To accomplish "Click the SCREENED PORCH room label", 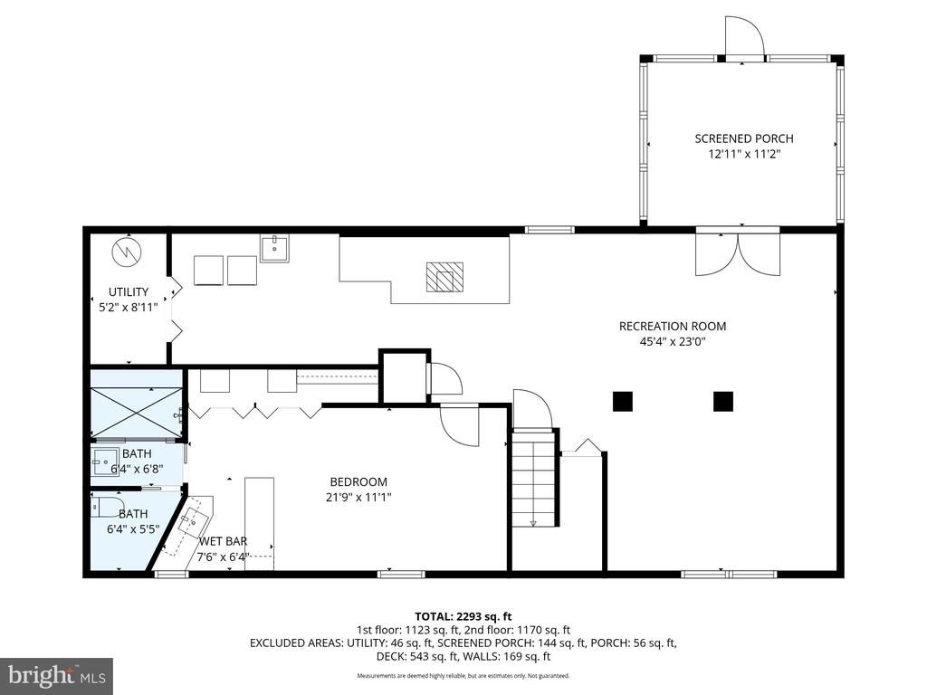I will pos(743,138).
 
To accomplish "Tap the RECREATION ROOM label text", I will pos(672,327).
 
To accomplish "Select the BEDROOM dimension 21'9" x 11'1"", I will pos(358,497).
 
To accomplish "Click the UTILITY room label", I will pos(129,292).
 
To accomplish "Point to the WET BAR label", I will pos(223,541).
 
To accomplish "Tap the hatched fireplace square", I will pos(444,277).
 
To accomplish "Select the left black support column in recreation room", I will pos(622,401).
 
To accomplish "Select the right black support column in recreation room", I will pos(722,401).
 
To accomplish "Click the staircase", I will pos(533,478).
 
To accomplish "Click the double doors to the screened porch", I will pos(737,253).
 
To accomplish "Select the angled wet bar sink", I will pos(193,520).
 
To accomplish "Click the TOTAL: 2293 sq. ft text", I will pos(463,616).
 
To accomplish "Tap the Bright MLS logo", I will pos(56,675).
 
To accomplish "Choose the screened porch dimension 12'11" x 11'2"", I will pos(743,155).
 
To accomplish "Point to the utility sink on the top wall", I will pos(273,247).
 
